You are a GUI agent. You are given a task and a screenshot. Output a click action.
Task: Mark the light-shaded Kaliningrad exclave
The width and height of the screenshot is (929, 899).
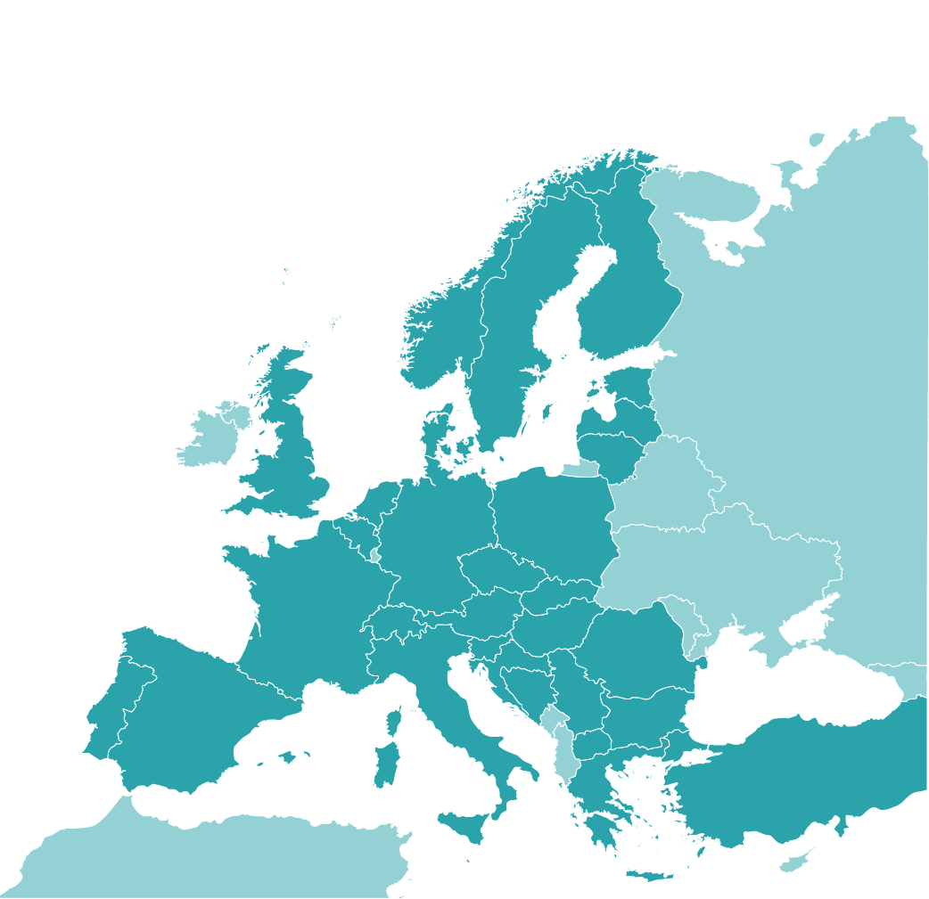point(580,469)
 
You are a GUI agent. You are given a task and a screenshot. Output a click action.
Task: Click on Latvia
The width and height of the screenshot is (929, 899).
point(624,414)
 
